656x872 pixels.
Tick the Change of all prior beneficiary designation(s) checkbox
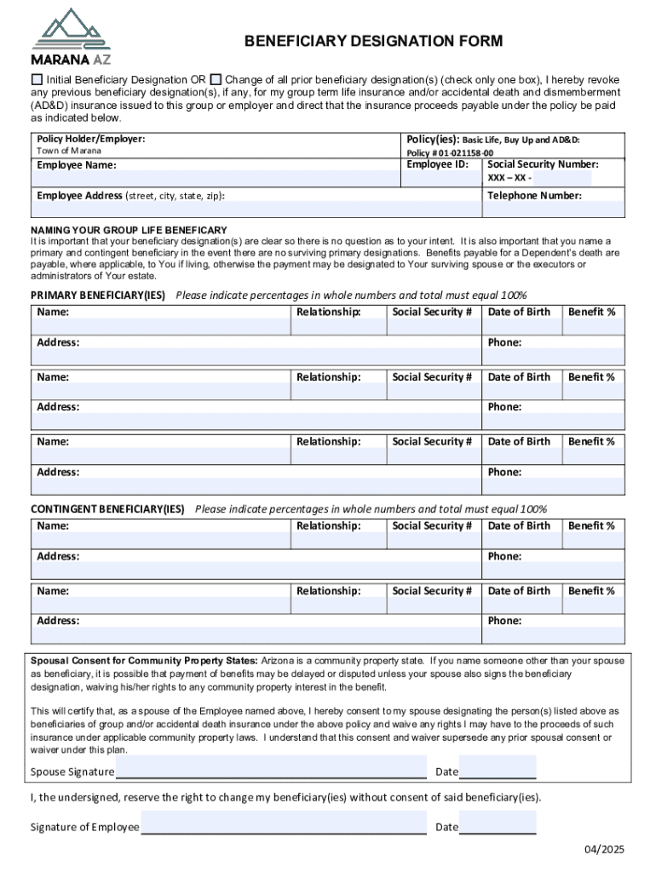[x=216, y=78]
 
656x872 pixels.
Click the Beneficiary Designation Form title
[x=373, y=41]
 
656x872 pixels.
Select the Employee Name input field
[x=216, y=178]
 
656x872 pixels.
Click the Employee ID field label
[x=437, y=164]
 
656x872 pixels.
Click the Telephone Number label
[x=534, y=196]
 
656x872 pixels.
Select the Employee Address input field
[x=256, y=209]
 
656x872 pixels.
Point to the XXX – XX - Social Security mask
[x=509, y=178]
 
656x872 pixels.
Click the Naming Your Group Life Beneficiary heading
[x=129, y=230]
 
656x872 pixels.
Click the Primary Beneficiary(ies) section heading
[x=98, y=295]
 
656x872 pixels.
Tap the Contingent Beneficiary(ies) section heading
[x=107, y=509]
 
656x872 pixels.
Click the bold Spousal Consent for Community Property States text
[x=144, y=661]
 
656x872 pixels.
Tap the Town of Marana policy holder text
[x=68, y=151]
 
